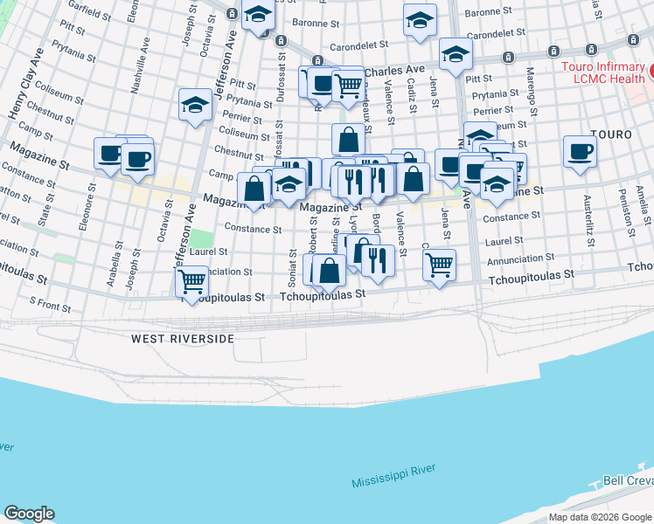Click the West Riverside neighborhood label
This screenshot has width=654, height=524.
pos(183,338)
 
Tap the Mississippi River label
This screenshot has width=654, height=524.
pos(393,476)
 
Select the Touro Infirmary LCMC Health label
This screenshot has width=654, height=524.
pos(603,72)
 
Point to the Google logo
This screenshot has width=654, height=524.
pos(29,514)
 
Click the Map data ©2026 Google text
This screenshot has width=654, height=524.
pos(601,517)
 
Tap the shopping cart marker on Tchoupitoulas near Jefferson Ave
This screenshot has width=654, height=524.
pos(191,281)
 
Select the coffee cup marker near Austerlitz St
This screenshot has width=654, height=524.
pos(580,150)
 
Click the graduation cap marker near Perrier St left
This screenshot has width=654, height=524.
pos(194,106)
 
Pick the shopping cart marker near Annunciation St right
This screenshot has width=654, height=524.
pos(439,263)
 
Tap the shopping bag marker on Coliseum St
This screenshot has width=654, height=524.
pos(348,139)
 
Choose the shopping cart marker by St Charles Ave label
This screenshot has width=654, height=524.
pos(349,84)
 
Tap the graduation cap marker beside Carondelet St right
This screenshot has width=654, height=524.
pos(456,54)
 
